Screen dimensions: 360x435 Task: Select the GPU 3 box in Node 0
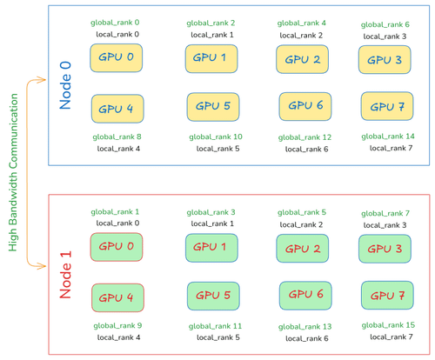(385, 60)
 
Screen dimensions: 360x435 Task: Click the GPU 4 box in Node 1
(117, 297)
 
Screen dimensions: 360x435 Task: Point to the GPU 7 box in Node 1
(385, 296)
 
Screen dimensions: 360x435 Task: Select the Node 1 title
(66, 273)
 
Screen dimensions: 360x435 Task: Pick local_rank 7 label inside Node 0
(385, 148)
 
